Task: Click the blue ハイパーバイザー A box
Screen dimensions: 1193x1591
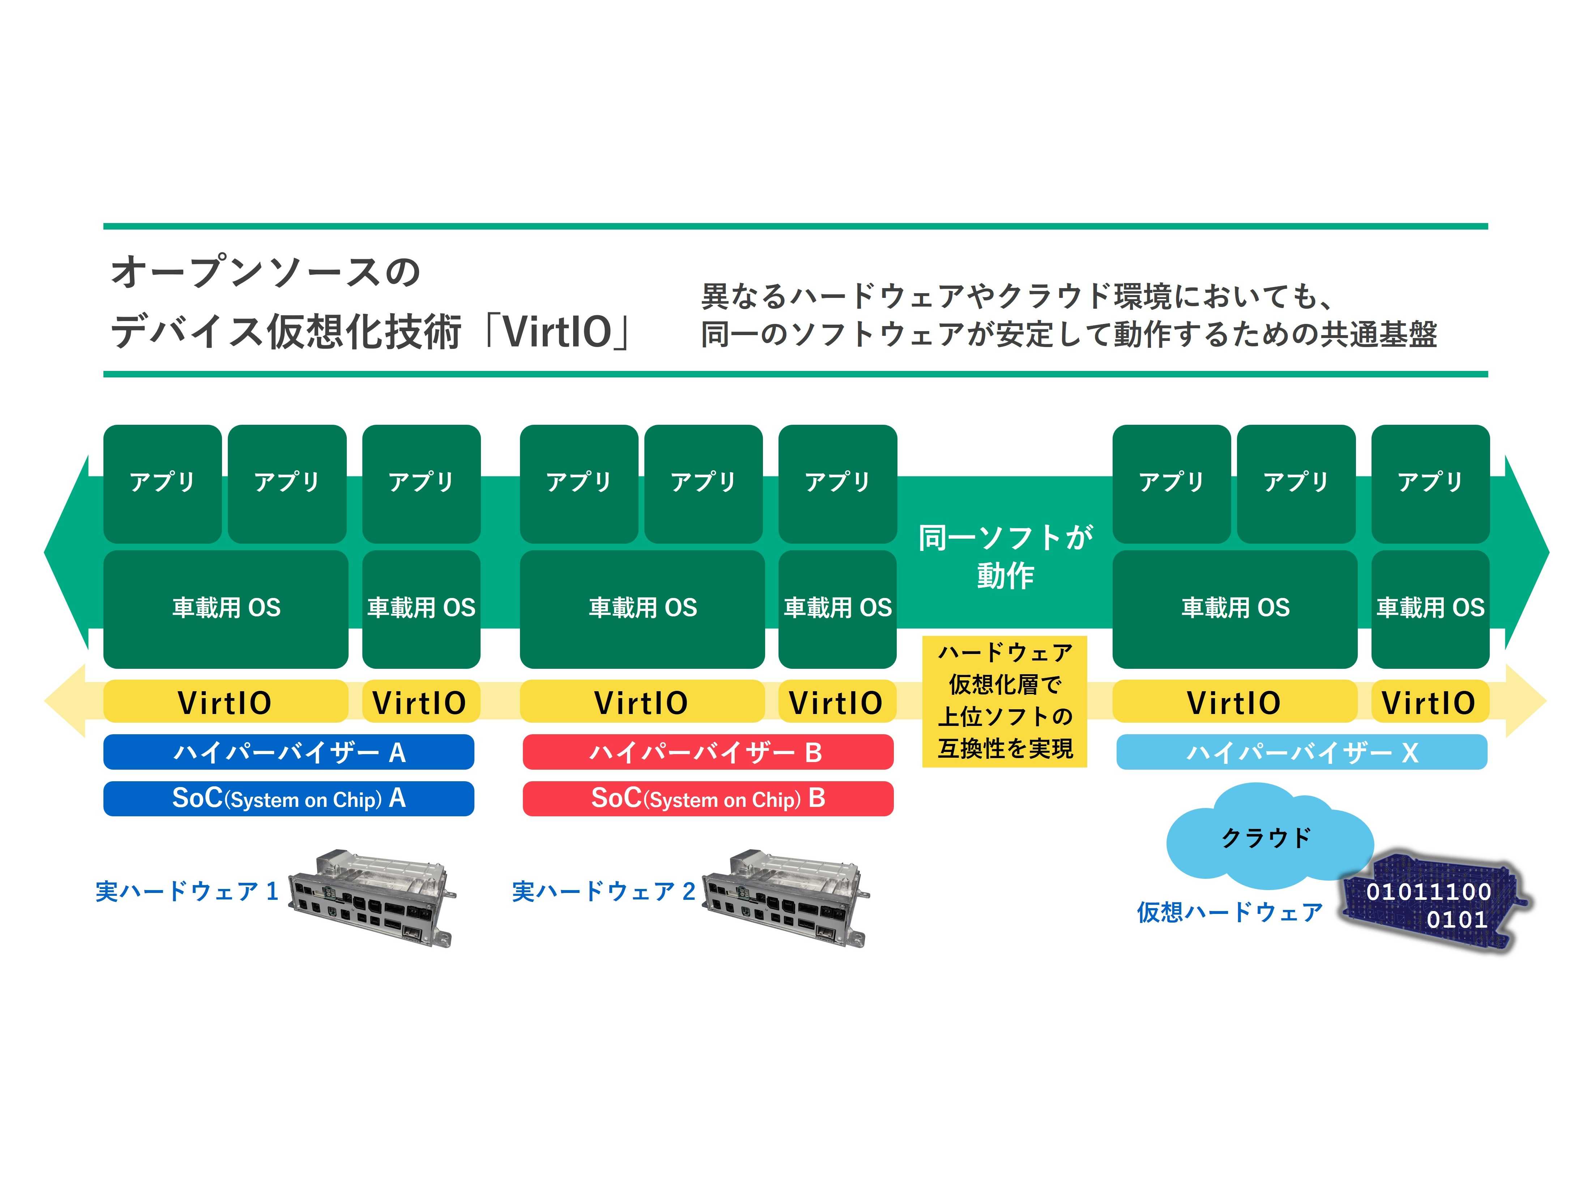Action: point(289,752)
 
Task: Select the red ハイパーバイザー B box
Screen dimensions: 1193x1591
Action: point(708,752)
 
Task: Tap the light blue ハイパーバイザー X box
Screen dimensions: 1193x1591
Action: point(1301,752)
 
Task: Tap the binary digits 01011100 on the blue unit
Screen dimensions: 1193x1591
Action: point(1428,892)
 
